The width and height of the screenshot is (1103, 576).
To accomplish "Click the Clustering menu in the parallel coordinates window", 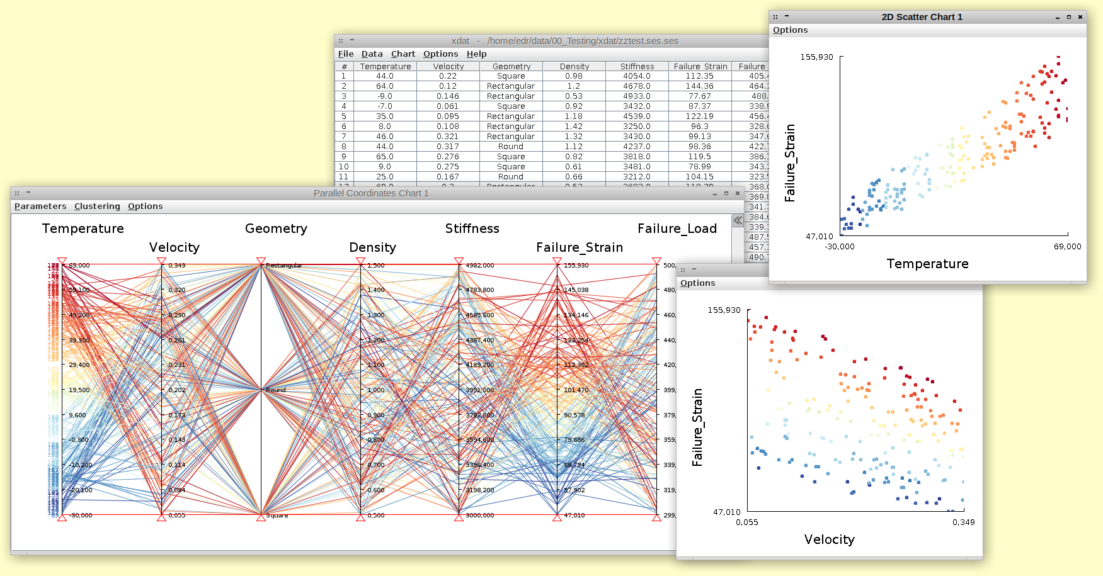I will [x=97, y=206].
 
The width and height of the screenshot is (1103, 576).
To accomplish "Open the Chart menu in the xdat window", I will [x=403, y=54].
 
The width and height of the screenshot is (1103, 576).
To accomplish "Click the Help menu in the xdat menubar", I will [x=476, y=54].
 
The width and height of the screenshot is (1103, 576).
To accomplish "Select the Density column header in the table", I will [x=574, y=66].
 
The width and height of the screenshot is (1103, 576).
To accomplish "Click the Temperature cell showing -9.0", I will [x=384, y=96].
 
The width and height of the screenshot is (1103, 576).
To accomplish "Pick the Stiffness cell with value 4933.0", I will [x=636, y=96].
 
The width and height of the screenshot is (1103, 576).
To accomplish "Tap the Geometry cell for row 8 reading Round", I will [x=510, y=147].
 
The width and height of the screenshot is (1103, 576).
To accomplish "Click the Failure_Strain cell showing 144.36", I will [x=699, y=86].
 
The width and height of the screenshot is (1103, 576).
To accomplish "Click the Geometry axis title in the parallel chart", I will [x=276, y=229].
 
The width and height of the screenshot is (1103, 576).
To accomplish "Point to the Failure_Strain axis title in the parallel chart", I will [x=579, y=247].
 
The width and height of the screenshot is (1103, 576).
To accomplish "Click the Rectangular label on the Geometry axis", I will [x=284, y=266].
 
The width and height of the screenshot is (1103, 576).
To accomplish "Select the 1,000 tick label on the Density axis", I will [x=375, y=390].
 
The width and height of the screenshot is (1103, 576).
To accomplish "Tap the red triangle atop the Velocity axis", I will [x=161, y=261].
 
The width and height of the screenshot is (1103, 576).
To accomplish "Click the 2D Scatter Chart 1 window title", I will [x=922, y=17].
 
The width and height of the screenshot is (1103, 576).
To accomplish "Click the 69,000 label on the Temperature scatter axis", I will [x=1067, y=247].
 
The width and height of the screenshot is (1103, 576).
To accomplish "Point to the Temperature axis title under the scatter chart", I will [x=927, y=264].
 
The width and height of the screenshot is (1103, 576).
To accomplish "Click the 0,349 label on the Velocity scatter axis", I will [x=963, y=522].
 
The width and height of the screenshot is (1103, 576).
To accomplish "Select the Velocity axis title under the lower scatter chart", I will [x=829, y=539].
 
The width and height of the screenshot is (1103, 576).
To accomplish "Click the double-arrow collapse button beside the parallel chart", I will [x=738, y=220].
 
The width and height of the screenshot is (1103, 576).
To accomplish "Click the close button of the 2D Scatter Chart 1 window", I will [x=1080, y=17].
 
